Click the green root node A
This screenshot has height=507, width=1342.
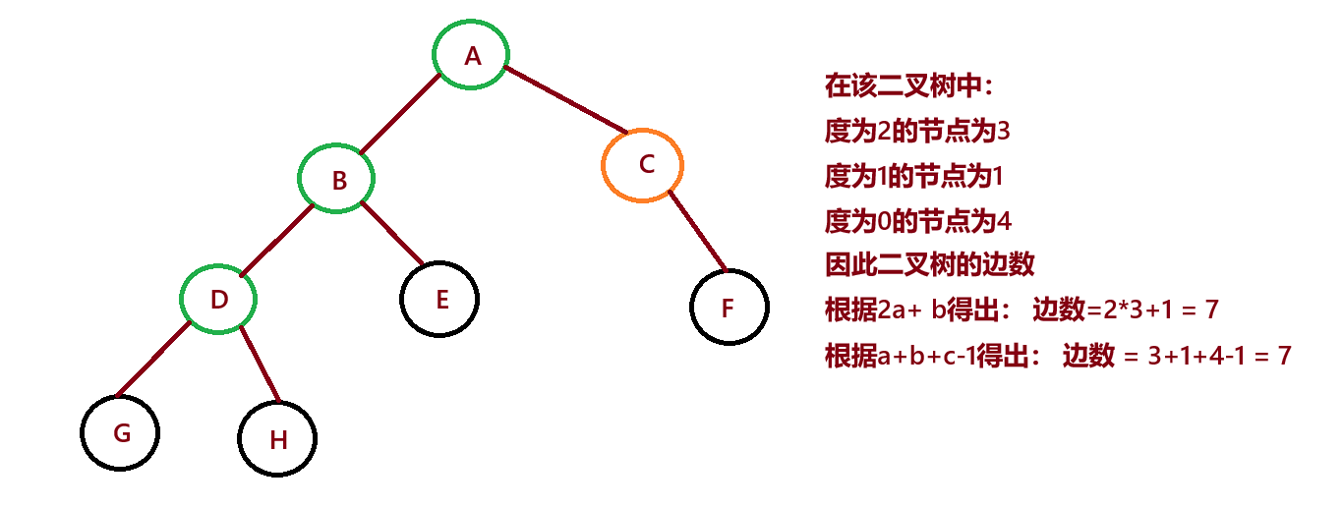(x=473, y=55)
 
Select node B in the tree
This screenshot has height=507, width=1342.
(x=338, y=180)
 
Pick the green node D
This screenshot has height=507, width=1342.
(x=219, y=299)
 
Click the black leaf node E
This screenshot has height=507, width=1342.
(x=440, y=299)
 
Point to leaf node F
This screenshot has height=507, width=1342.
(x=728, y=308)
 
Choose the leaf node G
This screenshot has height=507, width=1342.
(x=121, y=432)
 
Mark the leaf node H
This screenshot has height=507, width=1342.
(x=278, y=439)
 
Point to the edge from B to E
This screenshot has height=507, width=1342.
(x=391, y=233)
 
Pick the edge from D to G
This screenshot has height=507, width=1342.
(x=152, y=359)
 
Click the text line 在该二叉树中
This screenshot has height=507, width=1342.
(x=908, y=86)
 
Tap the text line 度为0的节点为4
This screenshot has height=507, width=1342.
(x=917, y=221)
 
